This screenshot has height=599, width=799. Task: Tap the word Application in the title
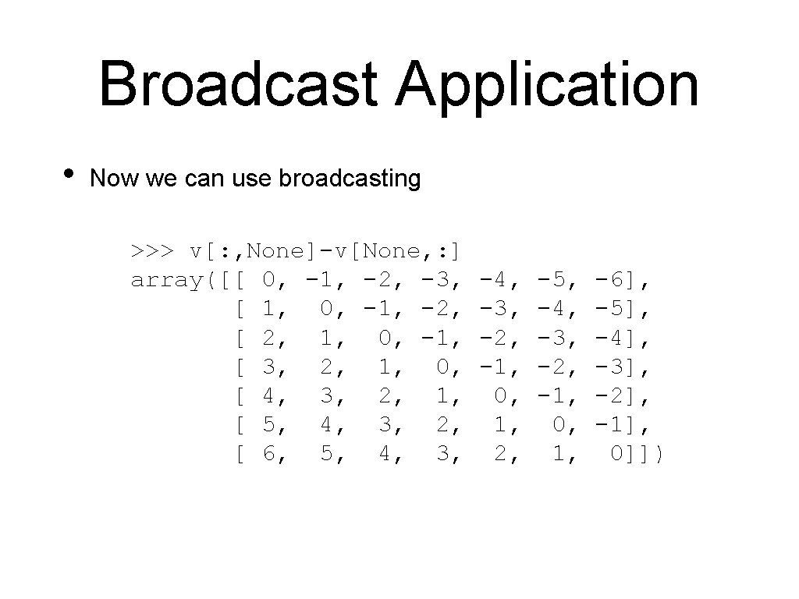[x=548, y=86]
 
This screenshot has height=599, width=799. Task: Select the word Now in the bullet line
[x=113, y=179]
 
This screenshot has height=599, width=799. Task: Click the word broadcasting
[x=350, y=179]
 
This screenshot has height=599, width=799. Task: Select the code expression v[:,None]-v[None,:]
[x=325, y=251]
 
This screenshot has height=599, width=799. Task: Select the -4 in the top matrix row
[x=497, y=280]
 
